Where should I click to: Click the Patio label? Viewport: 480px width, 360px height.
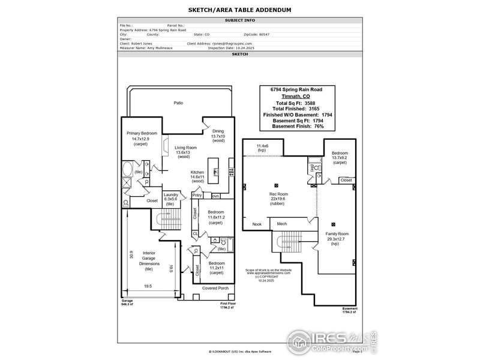[178, 103]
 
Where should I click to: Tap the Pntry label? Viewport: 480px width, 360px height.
[197, 195]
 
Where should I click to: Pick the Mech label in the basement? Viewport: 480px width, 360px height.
[281, 224]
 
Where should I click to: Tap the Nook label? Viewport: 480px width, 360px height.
[257, 224]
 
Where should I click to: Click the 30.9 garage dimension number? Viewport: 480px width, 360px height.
[131, 254]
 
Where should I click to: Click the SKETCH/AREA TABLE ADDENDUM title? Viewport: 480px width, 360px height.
[239, 10]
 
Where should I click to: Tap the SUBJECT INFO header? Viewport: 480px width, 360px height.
[240, 20]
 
